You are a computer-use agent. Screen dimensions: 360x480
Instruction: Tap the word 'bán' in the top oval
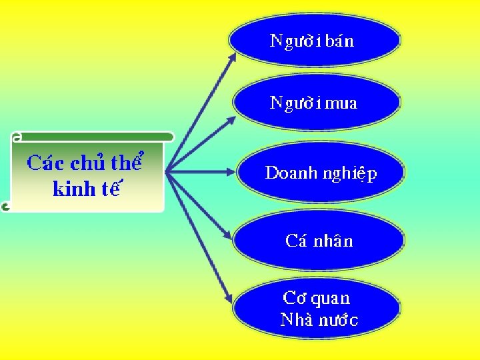click(341, 41)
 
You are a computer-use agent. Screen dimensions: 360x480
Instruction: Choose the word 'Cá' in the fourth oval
click(296, 241)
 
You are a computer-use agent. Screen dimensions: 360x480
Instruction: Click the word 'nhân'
click(333, 241)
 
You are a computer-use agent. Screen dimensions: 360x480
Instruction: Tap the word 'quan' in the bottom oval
click(328, 299)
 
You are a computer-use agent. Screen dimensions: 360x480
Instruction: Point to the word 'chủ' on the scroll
click(88, 163)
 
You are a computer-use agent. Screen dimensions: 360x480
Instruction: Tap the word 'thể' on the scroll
click(128, 162)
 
